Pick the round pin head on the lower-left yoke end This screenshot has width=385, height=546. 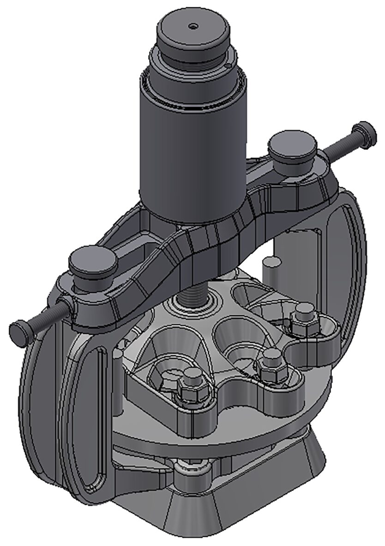coord(92,264)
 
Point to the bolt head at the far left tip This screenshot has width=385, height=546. coord(19,331)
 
